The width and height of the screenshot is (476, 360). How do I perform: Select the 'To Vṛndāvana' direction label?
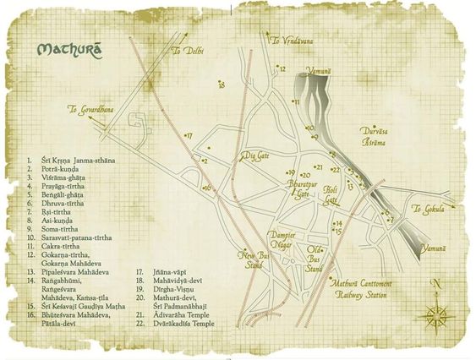(290, 40)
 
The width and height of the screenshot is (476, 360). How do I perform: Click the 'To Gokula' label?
(428, 210)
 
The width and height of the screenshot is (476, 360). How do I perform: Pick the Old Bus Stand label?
(315, 259)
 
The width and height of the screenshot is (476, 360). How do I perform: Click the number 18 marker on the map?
(221, 85)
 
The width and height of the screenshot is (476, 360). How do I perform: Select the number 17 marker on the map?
(189, 136)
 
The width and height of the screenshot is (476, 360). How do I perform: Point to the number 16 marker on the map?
(207, 188)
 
